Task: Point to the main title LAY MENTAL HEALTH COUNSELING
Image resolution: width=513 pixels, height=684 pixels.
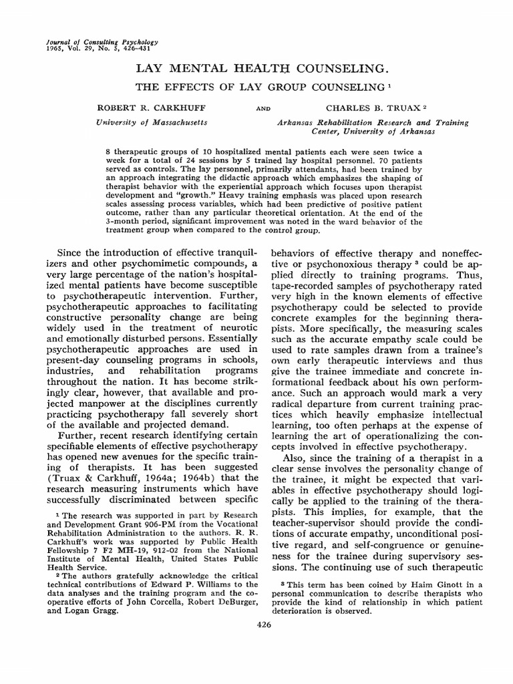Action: (x=262, y=69)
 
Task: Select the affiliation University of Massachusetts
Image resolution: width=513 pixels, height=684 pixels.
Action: (x=152, y=122)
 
